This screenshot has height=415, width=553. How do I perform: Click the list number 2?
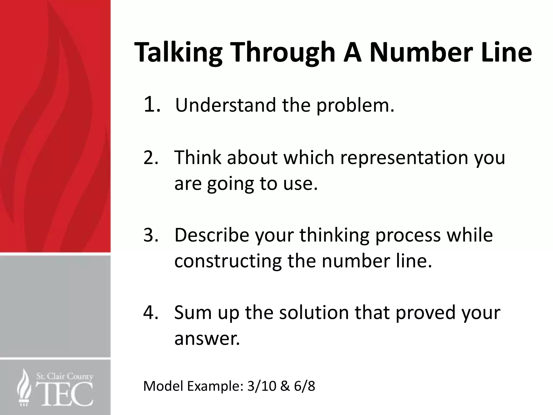click(x=151, y=157)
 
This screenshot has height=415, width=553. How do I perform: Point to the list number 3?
click(x=151, y=235)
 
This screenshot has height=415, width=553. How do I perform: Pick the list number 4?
click(x=151, y=312)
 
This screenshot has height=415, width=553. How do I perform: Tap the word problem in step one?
click(x=355, y=105)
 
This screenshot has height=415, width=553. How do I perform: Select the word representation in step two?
click(x=404, y=157)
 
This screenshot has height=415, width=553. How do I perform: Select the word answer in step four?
click(x=207, y=339)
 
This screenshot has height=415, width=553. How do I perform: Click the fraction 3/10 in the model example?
click(x=262, y=386)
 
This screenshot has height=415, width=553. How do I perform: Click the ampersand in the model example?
click(x=285, y=386)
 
